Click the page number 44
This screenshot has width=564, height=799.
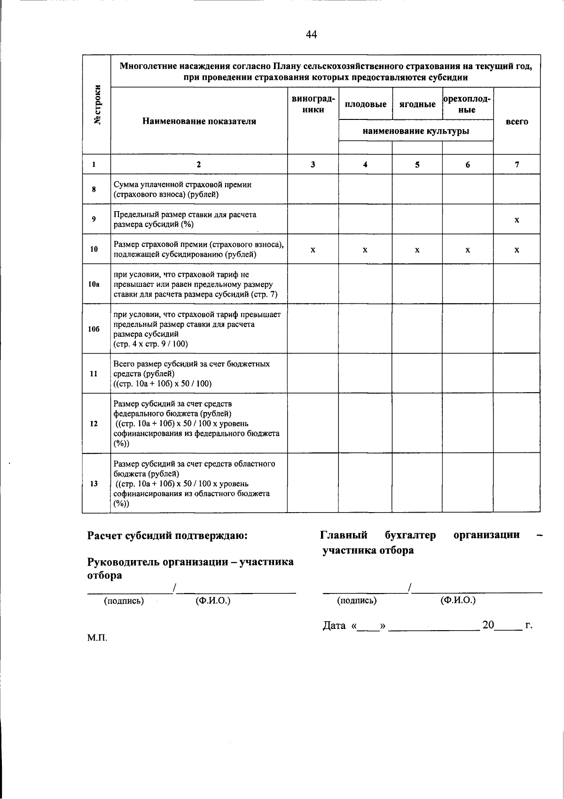point(311,34)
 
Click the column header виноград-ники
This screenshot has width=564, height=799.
point(313,104)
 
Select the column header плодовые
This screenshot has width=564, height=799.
point(365,104)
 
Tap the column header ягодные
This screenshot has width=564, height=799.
point(417,104)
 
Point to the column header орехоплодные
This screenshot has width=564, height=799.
point(468,104)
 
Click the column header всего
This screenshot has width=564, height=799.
point(517,121)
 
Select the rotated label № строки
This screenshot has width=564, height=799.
point(97,104)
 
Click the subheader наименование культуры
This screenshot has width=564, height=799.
point(415,131)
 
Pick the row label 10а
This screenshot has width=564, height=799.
point(94,285)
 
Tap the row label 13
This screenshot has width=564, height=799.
point(94,483)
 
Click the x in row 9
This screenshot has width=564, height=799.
point(517,220)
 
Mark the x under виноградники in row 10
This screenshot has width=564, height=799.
point(313,250)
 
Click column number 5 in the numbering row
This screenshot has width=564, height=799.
point(417,165)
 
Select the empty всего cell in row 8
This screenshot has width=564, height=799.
point(517,189)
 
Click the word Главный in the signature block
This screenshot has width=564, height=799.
point(344,535)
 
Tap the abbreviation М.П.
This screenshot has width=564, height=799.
point(97,639)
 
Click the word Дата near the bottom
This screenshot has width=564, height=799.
point(335,625)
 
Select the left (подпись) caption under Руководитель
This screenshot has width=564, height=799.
point(124,601)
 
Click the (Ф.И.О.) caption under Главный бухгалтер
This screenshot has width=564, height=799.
point(458,601)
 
